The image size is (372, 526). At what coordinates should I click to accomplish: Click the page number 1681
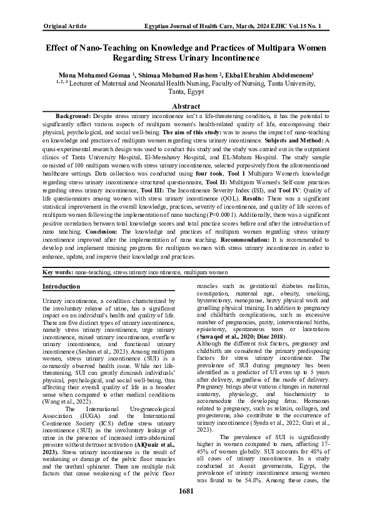pyautogui.click(x=186, y=509)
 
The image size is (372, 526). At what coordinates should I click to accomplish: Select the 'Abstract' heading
pyautogui.click(x=186, y=107)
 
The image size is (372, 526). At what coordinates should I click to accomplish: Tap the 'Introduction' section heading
pyautogui.click(x=61, y=286)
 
